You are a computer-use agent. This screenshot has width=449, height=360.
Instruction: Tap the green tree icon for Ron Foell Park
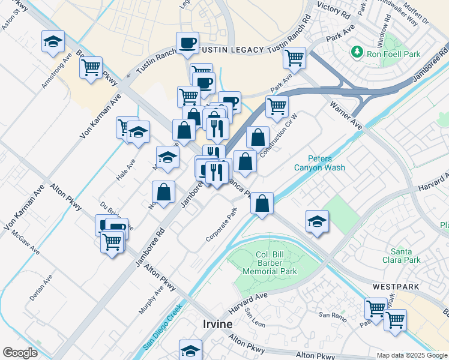click(358, 52)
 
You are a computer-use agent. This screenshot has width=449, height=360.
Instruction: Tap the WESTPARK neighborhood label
click(395, 287)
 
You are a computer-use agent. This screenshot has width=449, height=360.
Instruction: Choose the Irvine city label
click(214, 324)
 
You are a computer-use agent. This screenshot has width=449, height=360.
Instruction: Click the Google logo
click(20, 353)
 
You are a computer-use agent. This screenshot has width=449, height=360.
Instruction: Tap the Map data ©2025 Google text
click(412, 355)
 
